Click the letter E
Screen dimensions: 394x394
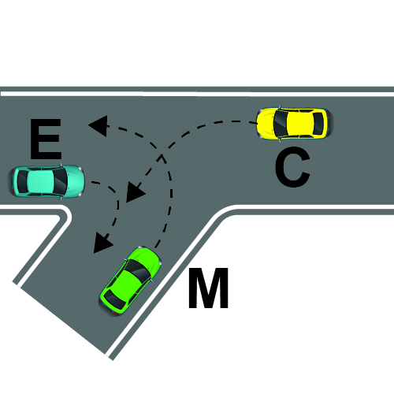click(x=46, y=139)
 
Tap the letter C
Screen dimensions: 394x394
click(x=293, y=167)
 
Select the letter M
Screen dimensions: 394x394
click(x=208, y=288)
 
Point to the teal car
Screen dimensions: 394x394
click(x=46, y=181)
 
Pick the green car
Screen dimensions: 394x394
click(x=130, y=281)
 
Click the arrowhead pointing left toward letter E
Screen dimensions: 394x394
click(x=98, y=125)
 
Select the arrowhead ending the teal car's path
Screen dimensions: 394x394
click(x=102, y=243)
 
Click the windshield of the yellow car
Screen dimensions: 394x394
click(x=280, y=123)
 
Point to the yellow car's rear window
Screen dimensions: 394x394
click(x=318, y=123)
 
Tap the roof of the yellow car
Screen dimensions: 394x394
click(x=300, y=123)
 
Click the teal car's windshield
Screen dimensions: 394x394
click(x=61, y=181)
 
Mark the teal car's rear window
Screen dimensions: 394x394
click(x=23, y=181)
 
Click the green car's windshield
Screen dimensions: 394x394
click(x=139, y=270)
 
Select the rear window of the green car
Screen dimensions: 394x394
click(x=115, y=300)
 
